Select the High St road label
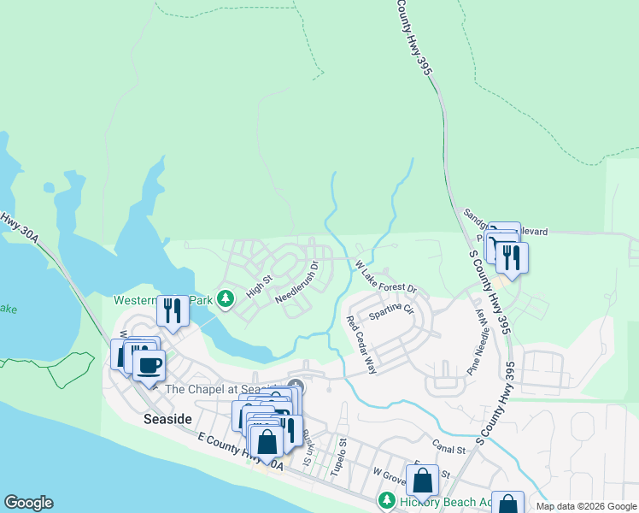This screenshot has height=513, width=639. (259, 285)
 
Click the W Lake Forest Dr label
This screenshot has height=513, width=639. (385, 277)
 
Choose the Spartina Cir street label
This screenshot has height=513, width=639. (390, 312)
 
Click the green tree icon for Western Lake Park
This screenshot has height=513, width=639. (226, 299)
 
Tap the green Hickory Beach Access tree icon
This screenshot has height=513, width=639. (386, 500)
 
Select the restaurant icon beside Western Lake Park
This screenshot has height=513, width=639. (173, 310)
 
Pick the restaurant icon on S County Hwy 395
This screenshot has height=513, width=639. (511, 256)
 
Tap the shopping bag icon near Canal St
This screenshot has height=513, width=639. (422, 481)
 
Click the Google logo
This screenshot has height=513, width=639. (28, 503)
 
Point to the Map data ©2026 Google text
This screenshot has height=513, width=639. (585, 506)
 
